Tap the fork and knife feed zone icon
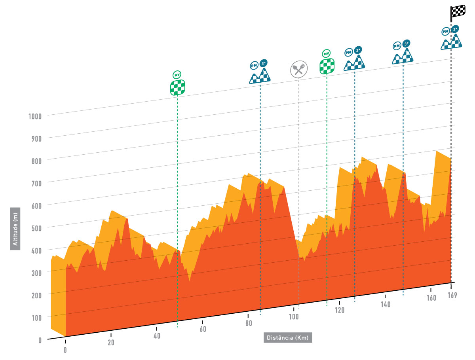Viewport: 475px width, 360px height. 298,69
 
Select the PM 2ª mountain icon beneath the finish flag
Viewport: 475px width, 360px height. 452,38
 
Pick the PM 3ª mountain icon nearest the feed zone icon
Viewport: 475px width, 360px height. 260,72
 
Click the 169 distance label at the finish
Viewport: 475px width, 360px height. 452,295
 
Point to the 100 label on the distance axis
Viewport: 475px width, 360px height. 293,316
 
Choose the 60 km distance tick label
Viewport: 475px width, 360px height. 203,329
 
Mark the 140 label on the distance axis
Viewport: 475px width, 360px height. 386,304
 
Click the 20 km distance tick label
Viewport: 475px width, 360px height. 111,343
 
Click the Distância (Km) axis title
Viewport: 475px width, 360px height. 288,337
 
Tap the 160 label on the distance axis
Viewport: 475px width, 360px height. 431,298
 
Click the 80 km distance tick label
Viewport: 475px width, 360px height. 248,323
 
